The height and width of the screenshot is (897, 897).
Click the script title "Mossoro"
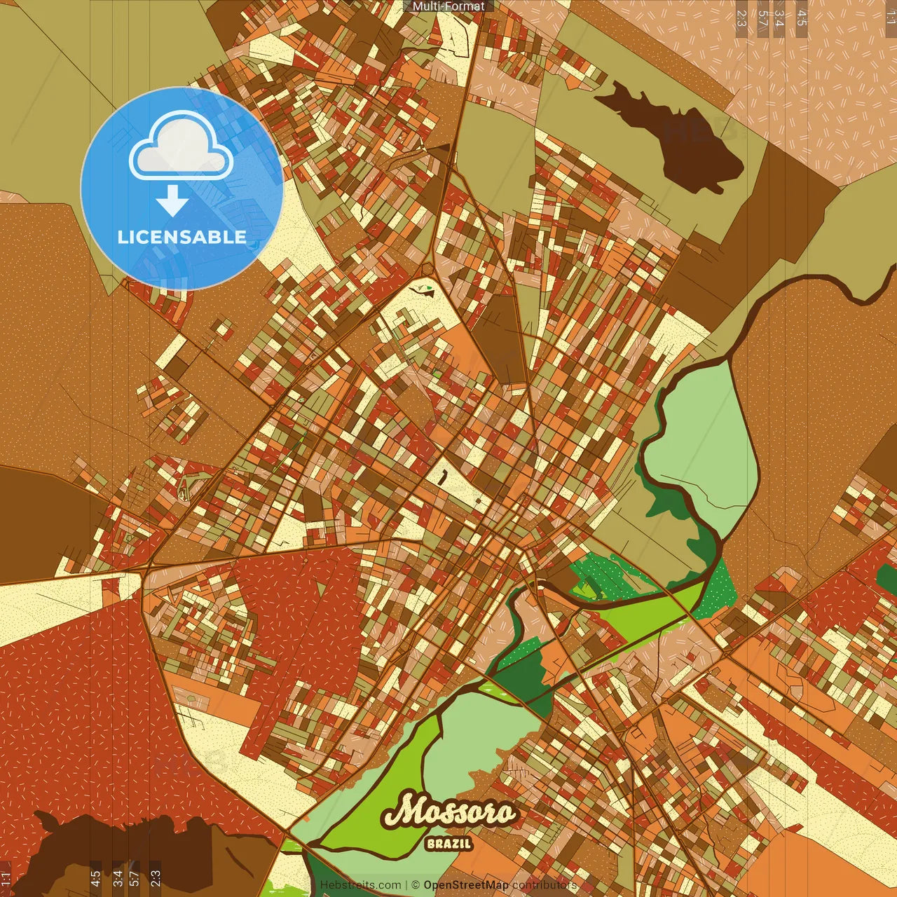[x=449, y=812]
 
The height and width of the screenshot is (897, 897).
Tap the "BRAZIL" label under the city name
[x=448, y=844]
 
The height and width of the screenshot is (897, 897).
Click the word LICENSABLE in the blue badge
[x=182, y=237]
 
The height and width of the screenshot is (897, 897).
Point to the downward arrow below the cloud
[x=172, y=200]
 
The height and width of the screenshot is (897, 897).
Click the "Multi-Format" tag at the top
[x=448, y=6]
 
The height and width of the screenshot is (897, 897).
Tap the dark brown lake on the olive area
[x=673, y=137]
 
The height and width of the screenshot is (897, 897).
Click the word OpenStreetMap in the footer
[x=465, y=885]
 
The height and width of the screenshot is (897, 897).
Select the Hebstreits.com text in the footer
[x=360, y=885]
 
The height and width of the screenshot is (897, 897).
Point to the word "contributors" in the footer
[x=545, y=885]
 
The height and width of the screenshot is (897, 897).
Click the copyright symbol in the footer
[x=415, y=885]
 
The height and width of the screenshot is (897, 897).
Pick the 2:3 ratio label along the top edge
[x=741, y=18]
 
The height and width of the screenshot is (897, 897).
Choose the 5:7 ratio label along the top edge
[x=762, y=18]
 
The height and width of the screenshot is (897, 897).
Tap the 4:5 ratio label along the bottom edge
[x=95, y=879]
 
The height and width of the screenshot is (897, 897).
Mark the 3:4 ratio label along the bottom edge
[x=118, y=879]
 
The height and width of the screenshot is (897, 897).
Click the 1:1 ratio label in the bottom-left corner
[x=6, y=879]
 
